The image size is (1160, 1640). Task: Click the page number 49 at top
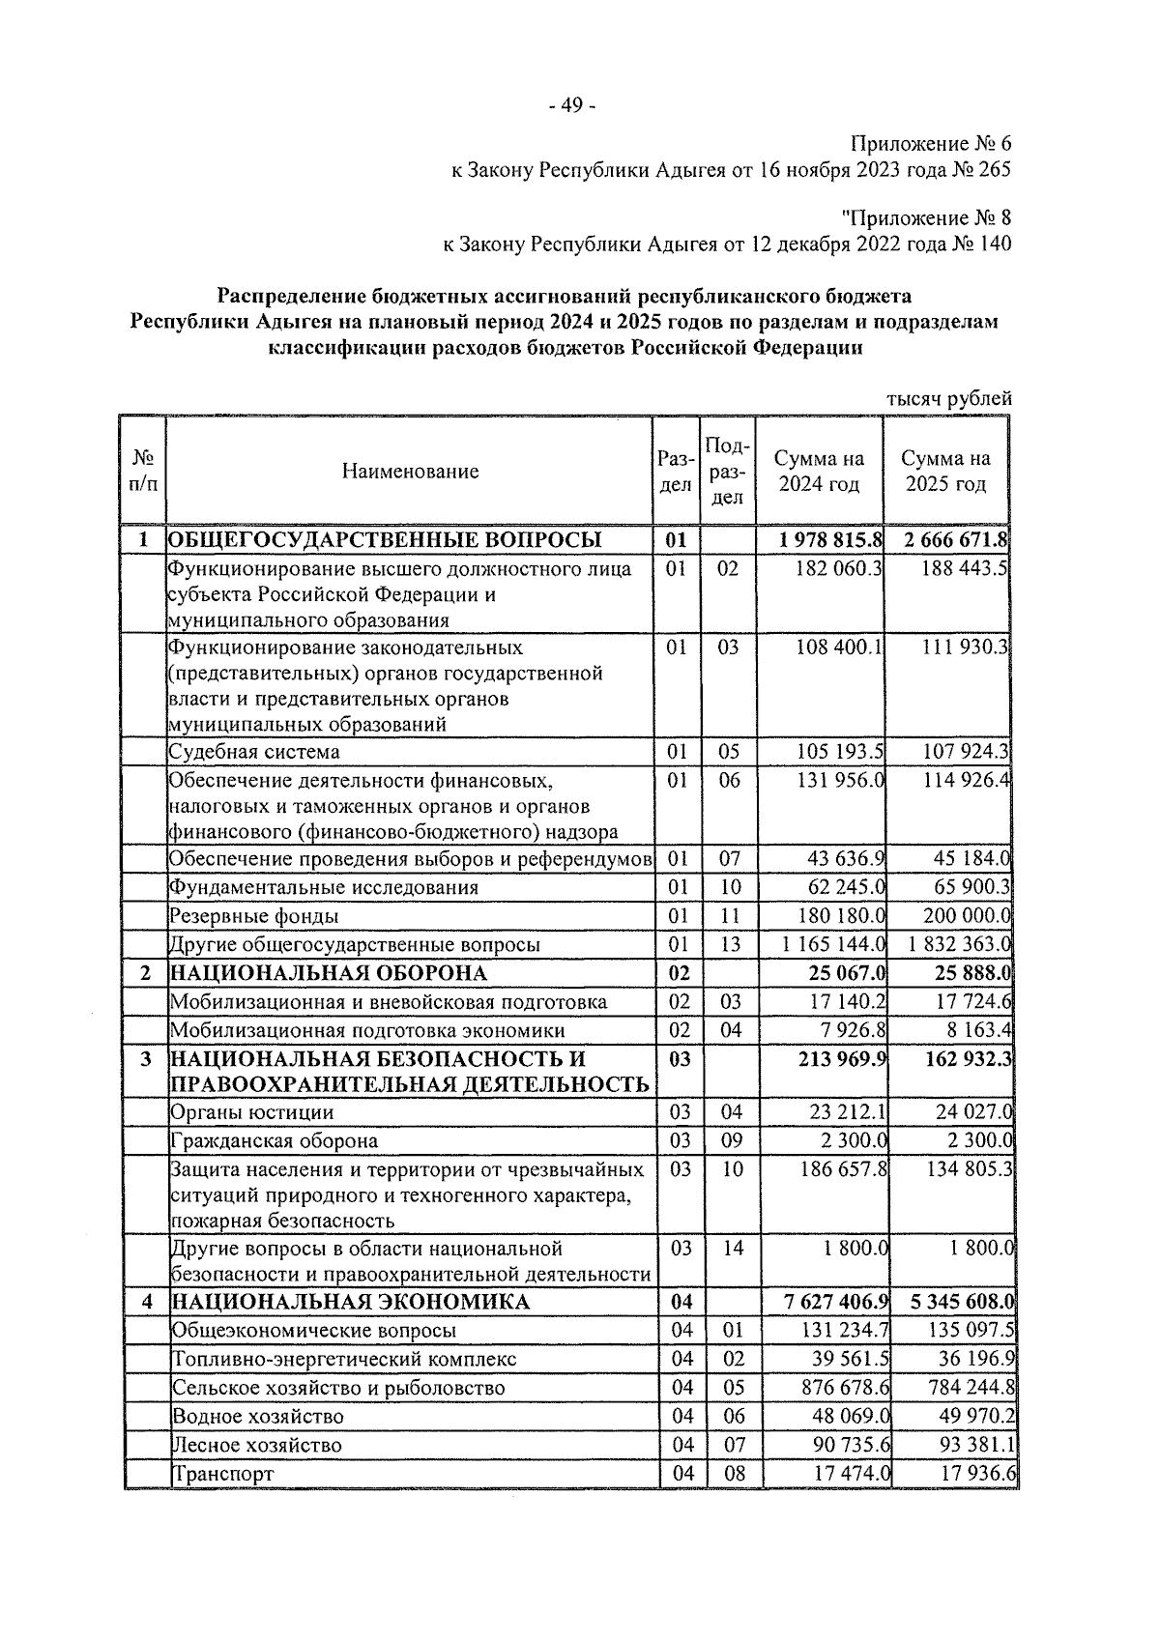click(x=570, y=106)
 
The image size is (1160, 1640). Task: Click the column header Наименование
click(x=410, y=472)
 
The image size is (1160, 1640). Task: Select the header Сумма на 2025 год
click(x=945, y=472)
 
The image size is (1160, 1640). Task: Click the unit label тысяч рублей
click(x=949, y=398)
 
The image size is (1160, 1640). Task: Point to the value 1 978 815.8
click(x=830, y=539)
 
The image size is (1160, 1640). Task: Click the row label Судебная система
click(x=254, y=752)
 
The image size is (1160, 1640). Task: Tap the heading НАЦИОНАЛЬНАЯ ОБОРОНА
click(x=329, y=973)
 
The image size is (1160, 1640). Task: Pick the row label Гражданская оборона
click(x=274, y=1141)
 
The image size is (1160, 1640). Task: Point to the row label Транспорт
click(x=222, y=1474)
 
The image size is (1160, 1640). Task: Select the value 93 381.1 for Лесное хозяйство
click(x=976, y=1445)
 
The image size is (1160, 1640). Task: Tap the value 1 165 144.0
click(x=834, y=944)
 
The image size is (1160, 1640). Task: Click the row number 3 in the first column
click(x=146, y=1059)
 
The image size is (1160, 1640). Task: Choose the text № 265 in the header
click(x=983, y=170)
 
